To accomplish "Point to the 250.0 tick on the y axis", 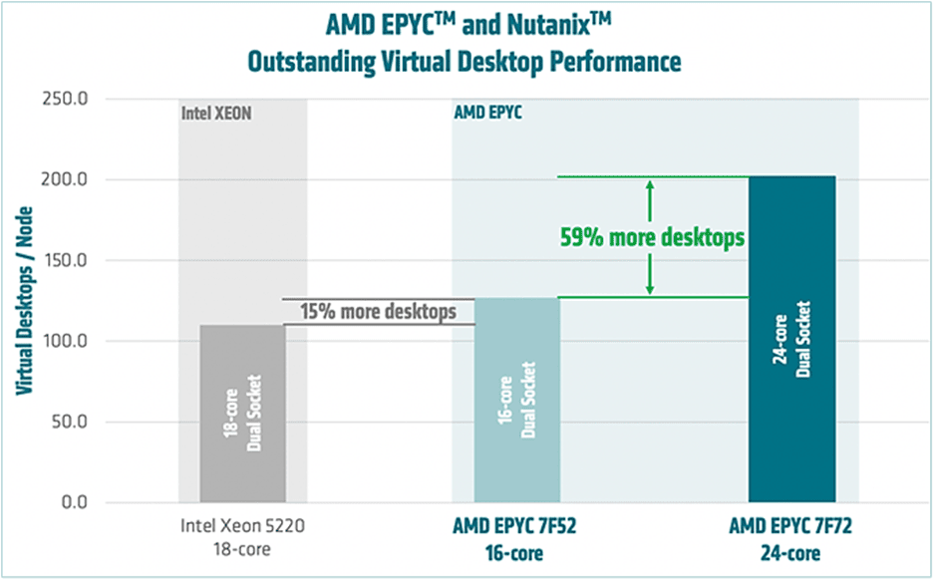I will (x=66, y=99).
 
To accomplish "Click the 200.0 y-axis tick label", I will (x=66, y=179).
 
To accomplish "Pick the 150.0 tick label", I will (x=66, y=260).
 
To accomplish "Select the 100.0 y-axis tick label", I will (x=66, y=341).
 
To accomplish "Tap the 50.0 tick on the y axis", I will (x=70, y=422).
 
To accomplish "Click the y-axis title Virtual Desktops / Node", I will (x=22, y=300).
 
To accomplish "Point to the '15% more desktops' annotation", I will (x=379, y=311).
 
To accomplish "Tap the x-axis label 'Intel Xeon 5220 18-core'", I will (x=242, y=535).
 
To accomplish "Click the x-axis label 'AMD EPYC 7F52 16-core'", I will (x=516, y=535).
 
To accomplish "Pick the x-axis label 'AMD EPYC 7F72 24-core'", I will (x=791, y=535).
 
